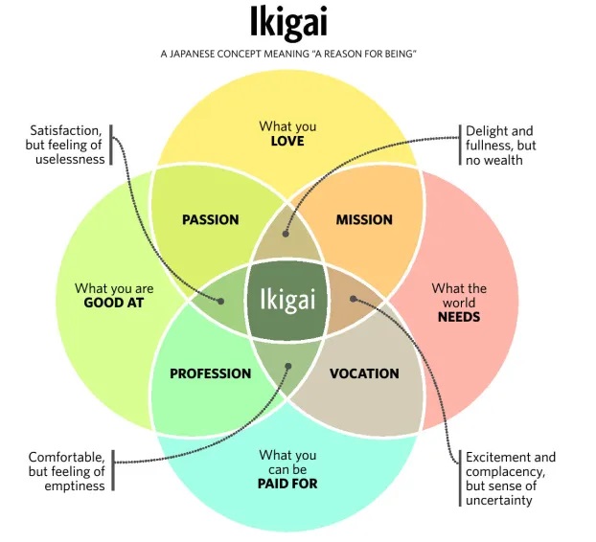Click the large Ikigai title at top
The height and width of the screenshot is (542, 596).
(x=288, y=23)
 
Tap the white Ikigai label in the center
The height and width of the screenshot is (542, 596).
(x=287, y=300)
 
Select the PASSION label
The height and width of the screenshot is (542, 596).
(x=211, y=219)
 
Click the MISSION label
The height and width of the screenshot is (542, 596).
(x=364, y=219)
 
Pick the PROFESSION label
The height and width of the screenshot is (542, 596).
(x=211, y=373)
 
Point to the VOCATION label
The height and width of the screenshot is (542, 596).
(x=364, y=373)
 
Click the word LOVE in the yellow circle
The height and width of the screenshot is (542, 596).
(x=287, y=141)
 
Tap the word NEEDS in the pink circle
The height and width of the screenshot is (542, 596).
(x=459, y=317)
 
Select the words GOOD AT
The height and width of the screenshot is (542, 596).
(x=114, y=303)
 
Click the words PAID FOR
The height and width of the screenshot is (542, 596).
(x=287, y=484)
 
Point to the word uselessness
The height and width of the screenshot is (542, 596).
(x=70, y=159)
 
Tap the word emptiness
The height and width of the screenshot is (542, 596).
(x=75, y=486)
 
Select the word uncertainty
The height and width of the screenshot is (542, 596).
(x=498, y=500)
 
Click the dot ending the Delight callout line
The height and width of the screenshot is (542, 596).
(x=286, y=234)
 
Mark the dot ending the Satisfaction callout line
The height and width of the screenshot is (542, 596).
(x=220, y=302)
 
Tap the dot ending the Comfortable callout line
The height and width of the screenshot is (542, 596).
(x=288, y=366)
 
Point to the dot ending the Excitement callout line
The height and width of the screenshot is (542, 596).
(x=354, y=300)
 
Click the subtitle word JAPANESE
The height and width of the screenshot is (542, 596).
(x=192, y=54)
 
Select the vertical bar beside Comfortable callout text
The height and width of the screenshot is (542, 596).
(x=113, y=470)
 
